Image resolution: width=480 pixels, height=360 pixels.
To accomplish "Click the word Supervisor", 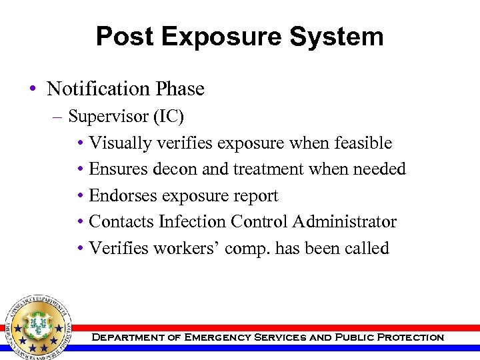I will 101,116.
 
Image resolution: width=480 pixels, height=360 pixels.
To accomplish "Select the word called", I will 367,249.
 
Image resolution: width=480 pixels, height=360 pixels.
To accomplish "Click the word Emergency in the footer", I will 212,337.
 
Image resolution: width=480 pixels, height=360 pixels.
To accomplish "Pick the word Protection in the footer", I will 410,337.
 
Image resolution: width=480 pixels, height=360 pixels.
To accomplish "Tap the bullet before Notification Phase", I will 33,89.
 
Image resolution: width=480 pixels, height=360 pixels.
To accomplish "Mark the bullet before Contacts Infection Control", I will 80,223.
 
